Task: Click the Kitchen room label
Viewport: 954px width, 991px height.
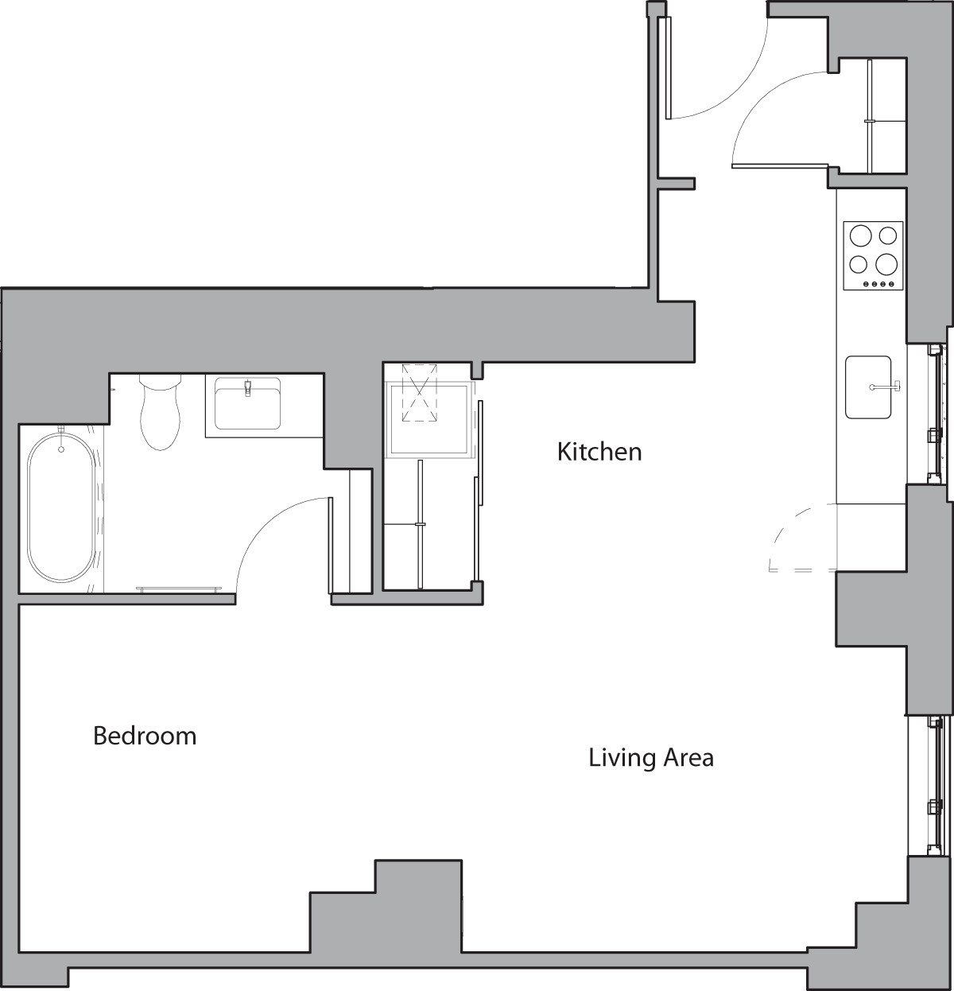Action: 599,452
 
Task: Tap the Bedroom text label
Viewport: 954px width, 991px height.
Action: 145,736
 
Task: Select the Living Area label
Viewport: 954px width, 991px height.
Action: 650,757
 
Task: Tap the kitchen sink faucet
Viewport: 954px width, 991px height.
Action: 886,387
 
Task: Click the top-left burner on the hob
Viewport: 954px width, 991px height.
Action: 860,235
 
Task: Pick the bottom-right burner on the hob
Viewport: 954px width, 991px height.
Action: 886,262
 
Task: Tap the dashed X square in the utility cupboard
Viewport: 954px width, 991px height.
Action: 419,393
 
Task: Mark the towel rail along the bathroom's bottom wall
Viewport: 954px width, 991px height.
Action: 179,589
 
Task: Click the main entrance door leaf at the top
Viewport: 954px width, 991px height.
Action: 667,68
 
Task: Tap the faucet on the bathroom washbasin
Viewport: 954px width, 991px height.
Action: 247,389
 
